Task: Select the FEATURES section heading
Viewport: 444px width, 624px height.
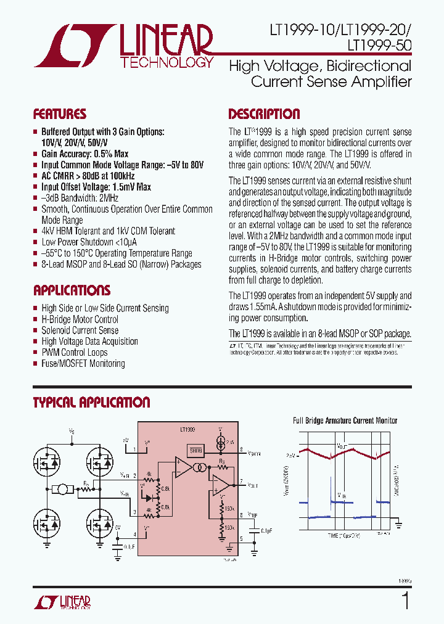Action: (59, 114)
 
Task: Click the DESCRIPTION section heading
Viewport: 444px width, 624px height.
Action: (264, 114)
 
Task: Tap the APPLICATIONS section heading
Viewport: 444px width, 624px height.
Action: (72, 290)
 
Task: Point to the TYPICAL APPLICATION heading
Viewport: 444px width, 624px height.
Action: (91, 403)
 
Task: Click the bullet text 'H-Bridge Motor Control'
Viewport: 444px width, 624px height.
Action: (80, 319)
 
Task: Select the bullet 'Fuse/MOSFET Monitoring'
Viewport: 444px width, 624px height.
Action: (83, 364)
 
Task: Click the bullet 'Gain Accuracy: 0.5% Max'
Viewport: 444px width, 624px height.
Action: (84, 154)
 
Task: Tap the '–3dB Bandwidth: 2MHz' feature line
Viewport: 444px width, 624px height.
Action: (80, 198)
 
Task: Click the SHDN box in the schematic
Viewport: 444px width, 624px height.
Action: (195, 450)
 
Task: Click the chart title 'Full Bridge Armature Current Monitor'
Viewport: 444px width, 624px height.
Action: (345, 421)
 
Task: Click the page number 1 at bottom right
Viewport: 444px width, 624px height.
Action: (405, 600)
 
